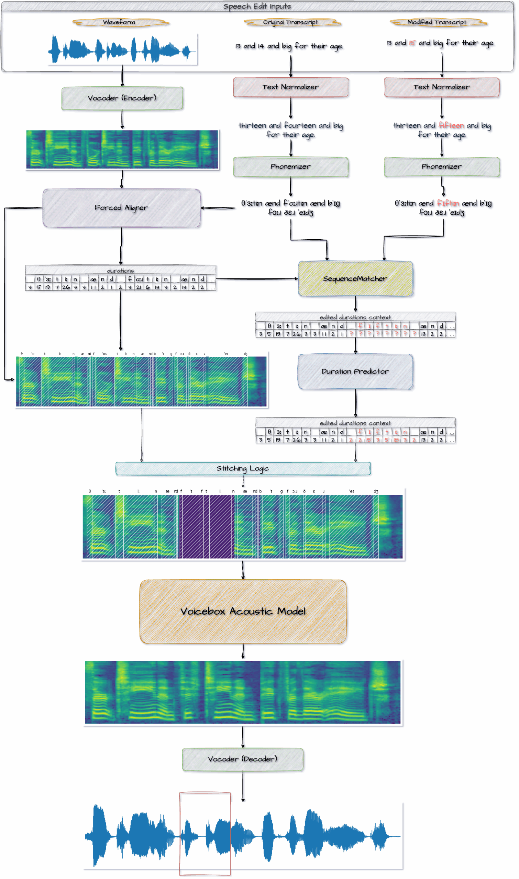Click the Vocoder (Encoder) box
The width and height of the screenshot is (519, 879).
click(x=122, y=99)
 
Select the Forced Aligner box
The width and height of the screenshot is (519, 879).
click(x=121, y=208)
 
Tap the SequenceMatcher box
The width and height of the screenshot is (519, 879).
click(x=355, y=279)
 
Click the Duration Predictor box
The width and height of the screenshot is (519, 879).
click(x=355, y=372)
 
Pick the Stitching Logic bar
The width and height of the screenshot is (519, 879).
click(x=243, y=469)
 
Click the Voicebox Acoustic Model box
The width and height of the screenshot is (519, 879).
click(x=243, y=612)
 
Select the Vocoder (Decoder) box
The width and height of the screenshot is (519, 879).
click(x=243, y=760)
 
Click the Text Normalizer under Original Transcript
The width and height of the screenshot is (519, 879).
click(x=291, y=87)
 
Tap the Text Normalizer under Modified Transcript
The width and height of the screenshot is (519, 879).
click(x=442, y=87)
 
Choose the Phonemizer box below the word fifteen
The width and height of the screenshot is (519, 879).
click(x=442, y=167)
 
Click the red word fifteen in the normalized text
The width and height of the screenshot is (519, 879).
click(x=451, y=125)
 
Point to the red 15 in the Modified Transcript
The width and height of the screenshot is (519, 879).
click(x=412, y=43)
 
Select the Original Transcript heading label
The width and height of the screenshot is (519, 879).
click(x=291, y=23)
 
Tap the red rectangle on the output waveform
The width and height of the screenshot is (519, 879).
click(x=205, y=834)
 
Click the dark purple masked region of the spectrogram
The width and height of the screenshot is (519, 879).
click(x=206, y=527)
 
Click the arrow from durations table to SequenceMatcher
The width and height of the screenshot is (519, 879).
click(x=257, y=279)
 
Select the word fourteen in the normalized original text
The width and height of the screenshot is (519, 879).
click(x=300, y=125)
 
